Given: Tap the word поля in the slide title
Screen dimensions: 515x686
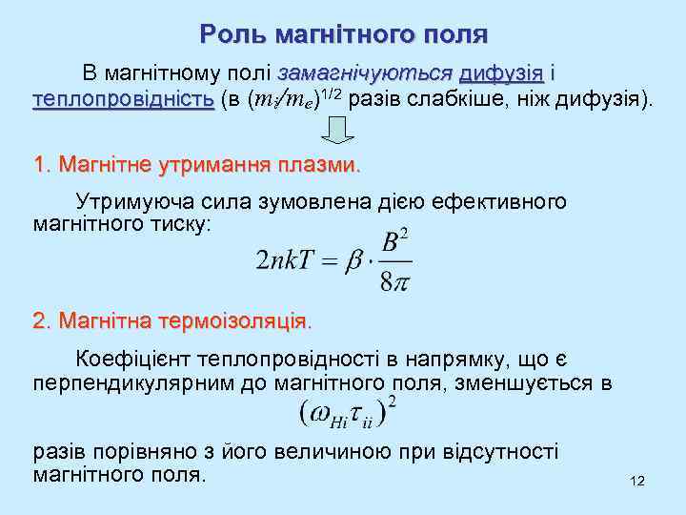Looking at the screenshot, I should point(456,35).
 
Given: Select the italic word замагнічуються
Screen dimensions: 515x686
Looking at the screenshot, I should point(365,73).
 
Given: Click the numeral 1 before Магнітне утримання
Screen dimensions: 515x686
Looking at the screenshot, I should point(39,165).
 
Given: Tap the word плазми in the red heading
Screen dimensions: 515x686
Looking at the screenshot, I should point(325,165).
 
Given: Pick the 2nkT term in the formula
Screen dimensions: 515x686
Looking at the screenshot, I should point(286,260).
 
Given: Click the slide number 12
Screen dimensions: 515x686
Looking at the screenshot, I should point(637,481).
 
